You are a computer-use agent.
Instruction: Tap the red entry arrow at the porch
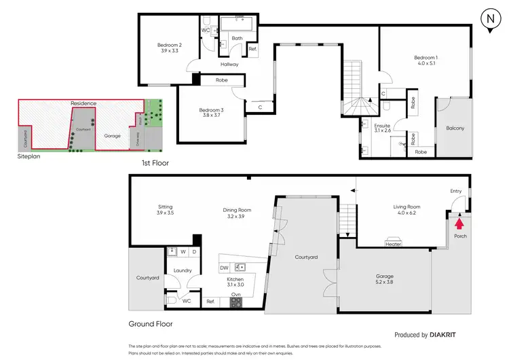pos(459,223)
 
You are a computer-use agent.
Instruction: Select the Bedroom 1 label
pos(426,58)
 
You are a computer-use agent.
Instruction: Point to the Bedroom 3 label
pos(211,110)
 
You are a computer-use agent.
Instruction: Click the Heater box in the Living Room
pos(393,244)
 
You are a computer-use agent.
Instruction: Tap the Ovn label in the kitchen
pos(235,294)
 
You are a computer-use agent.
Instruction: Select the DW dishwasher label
pos(224,268)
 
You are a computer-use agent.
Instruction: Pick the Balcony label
pos(455,128)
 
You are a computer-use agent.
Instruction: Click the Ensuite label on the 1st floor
pos(382,126)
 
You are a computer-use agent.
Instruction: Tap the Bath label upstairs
pos(236,39)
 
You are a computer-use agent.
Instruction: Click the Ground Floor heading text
pos(150,325)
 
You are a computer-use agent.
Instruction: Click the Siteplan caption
pos(31,156)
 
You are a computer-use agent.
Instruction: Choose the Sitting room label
pos(165,206)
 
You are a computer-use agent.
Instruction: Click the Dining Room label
pos(238,210)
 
